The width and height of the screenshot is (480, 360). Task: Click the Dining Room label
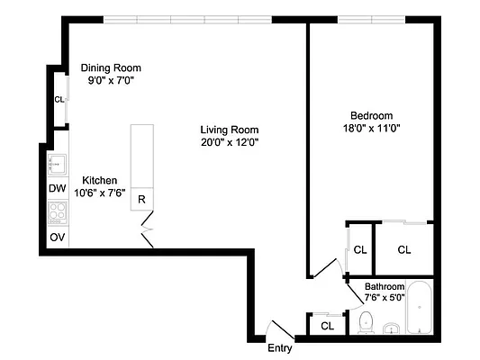111,67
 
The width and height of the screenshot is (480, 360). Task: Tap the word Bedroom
371,115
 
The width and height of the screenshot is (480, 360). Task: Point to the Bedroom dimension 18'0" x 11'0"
372,128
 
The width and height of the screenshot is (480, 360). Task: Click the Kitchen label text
101,179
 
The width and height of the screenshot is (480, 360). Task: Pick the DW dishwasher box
57,189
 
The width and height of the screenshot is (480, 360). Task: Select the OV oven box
57,237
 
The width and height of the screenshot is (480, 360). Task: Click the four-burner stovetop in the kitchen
57,212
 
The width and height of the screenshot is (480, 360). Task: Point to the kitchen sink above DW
56,165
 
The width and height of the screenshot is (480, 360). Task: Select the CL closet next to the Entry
327,325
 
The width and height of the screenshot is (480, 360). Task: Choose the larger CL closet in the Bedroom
403,249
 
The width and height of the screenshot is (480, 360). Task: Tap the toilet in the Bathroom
366,322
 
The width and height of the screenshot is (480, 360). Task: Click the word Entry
279,348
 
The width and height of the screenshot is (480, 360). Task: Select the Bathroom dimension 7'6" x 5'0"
384,298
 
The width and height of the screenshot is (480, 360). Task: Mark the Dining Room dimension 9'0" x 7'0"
111,80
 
